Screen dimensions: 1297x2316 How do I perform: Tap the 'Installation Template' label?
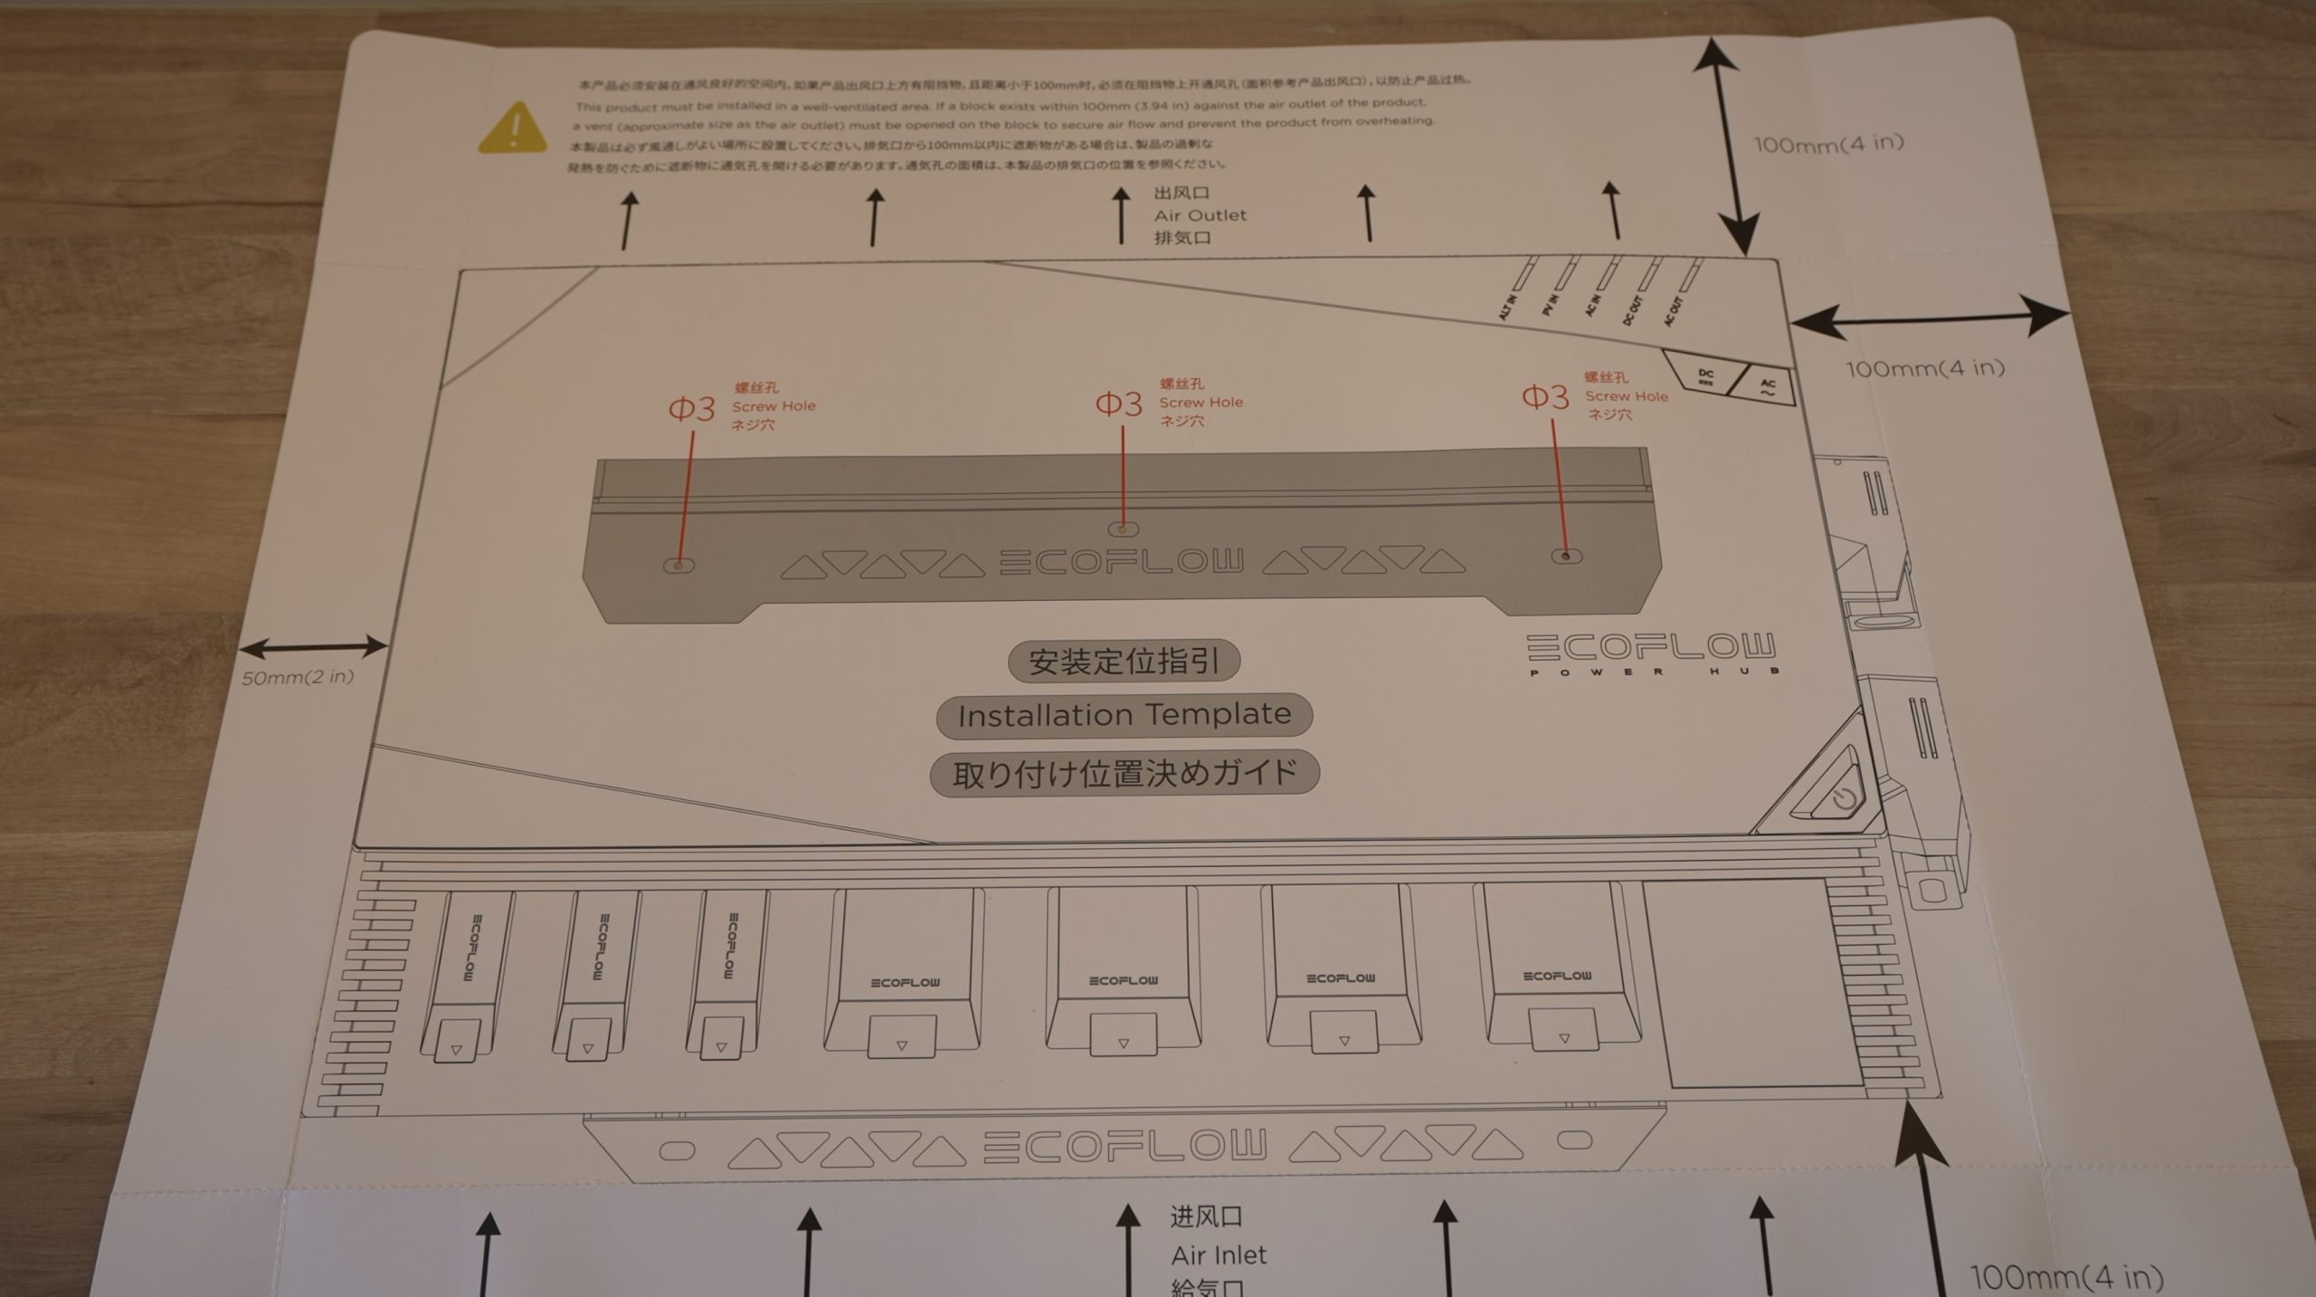[1124, 716]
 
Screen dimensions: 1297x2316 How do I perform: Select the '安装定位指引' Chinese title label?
[1124, 661]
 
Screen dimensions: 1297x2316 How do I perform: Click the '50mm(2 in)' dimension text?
[298, 677]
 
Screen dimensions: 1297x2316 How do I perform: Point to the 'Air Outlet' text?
[1200, 215]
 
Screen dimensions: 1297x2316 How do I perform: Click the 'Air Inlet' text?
[1218, 1255]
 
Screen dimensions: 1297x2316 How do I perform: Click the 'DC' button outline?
[1704, 377]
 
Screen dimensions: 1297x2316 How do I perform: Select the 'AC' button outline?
[1765, 389]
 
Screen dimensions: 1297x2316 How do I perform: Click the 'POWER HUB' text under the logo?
[1654, 672]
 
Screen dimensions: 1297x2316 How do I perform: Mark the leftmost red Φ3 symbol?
[691, 409]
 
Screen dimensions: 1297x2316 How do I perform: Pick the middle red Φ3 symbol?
[1118, 404]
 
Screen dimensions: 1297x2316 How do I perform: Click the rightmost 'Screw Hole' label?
[1626, 396]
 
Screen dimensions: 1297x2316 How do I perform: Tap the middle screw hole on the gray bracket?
[1123, 529]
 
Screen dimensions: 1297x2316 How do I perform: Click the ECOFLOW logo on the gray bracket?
[1122, 562]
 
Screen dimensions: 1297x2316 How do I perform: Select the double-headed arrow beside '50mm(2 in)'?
[313, 647]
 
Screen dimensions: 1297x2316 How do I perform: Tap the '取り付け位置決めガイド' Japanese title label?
[1125, 774]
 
